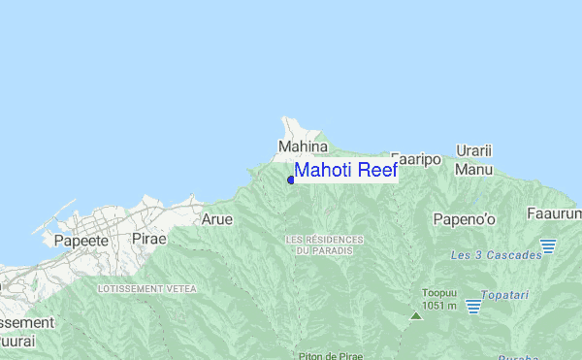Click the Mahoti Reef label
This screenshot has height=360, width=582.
345,171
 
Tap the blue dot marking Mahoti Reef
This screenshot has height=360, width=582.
291,180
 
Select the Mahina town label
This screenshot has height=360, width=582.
303,147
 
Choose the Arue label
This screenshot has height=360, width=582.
216,219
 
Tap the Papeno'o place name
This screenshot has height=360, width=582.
464,219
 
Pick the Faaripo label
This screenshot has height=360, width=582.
417,158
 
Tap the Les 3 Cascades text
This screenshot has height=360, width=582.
489,255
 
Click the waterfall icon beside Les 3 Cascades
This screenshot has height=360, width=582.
548,246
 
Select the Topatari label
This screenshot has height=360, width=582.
509,292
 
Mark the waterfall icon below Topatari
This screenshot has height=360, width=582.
473,307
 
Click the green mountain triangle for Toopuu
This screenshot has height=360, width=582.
416,315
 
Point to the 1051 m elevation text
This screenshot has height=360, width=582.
439,306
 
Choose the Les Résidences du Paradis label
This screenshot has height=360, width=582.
324,245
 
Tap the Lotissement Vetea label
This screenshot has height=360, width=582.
147,289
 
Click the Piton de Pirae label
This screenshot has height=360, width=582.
331,356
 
